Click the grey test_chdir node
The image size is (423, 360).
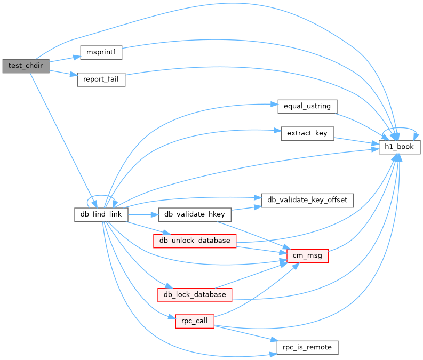tap(26, 66)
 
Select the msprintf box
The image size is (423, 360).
tap(101, 53)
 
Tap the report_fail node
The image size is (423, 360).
tap(101, 79)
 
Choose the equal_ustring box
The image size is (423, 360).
tap(307, 106)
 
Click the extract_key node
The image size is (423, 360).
tap(307, 133)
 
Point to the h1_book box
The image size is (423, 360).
tap(400, 147)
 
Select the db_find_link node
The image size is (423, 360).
tap(101, 214)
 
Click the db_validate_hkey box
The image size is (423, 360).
tap(195, 214)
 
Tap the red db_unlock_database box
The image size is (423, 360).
tap(195, 241)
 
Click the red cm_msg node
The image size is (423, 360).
tap(307, 256)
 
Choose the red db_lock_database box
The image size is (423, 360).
tap(195, 294)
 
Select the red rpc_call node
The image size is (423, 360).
tap(195, 321)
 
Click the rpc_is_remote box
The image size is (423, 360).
tap(307, 347)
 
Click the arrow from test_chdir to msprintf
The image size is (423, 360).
tap(65, 59)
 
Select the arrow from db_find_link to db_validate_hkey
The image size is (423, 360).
tap(143, 215)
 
